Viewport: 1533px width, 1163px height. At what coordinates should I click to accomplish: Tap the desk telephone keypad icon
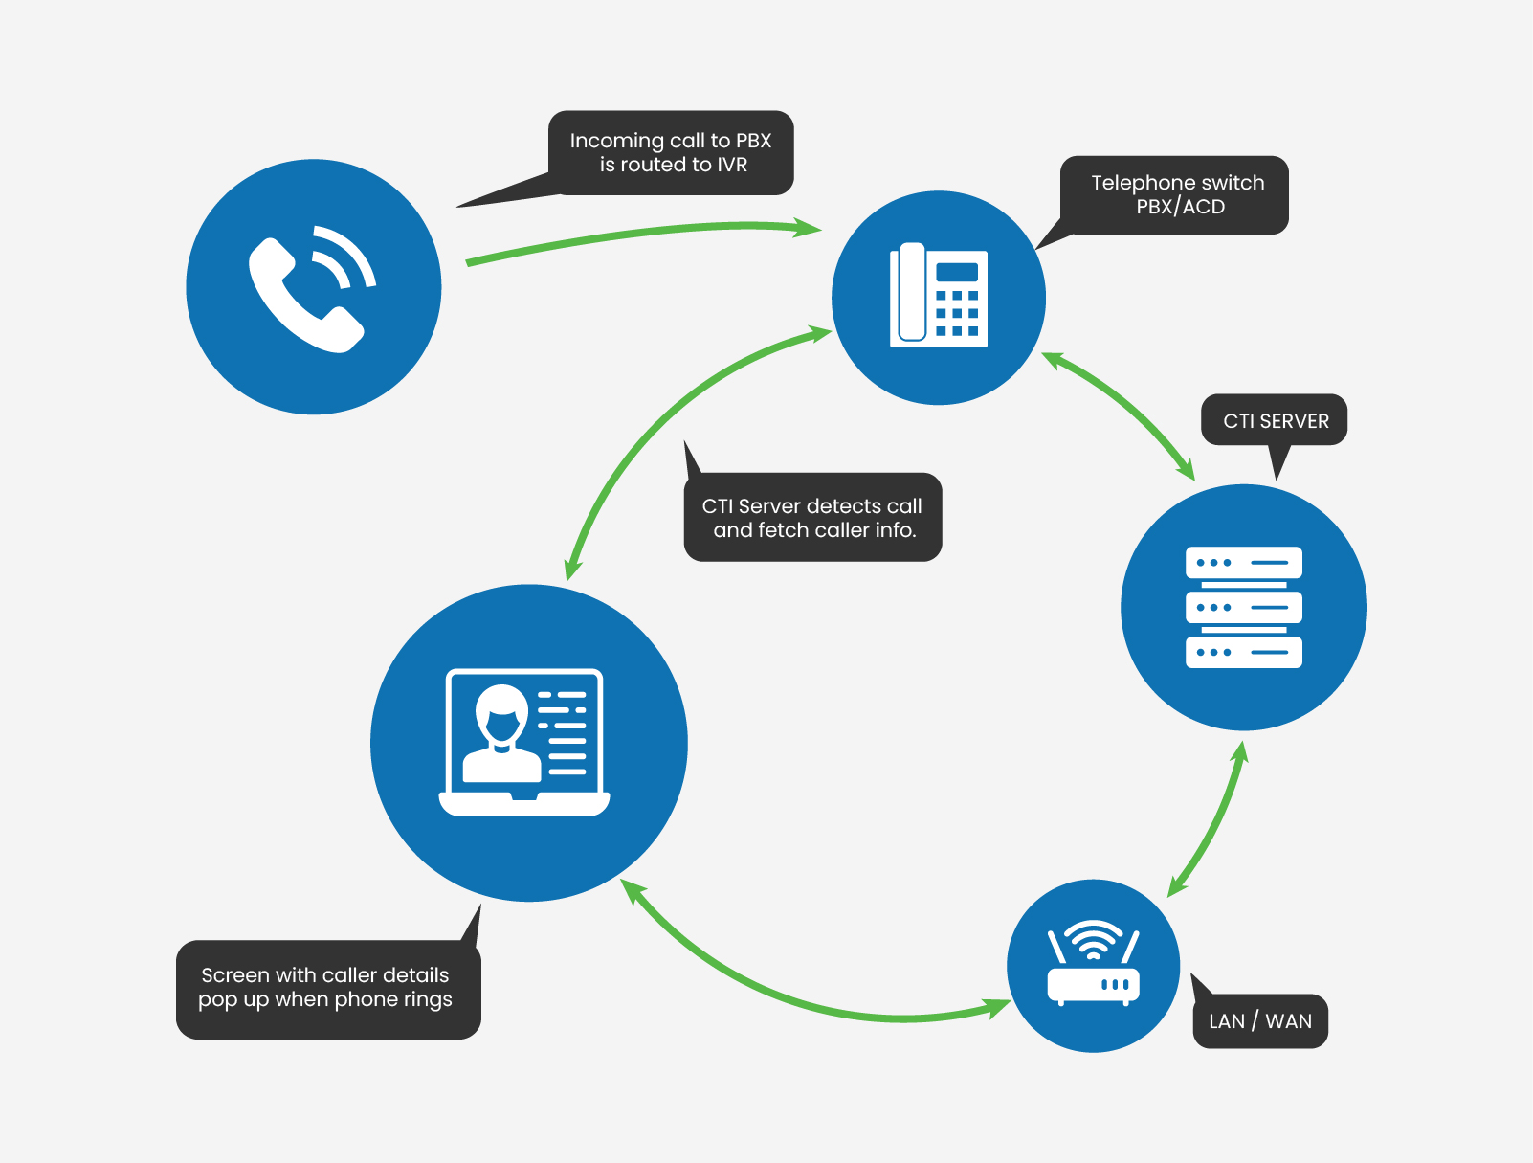pos(939,297)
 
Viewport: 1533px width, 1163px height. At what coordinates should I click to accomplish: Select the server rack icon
pos(1243,607)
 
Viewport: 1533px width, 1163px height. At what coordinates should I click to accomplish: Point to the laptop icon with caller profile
pos(524,742)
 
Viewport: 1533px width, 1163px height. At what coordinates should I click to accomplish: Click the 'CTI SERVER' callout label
pos(1276,421)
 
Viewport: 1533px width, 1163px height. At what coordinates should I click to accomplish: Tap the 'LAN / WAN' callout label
pos(1259,1021)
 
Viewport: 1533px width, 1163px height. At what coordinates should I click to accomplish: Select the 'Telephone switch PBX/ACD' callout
pos(1177,194)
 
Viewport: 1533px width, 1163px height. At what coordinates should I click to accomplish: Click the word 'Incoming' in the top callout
pos(616,141)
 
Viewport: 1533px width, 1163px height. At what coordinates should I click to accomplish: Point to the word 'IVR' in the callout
pos(732,165)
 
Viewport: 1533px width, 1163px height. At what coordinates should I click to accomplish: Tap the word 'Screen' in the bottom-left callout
pos(235,975)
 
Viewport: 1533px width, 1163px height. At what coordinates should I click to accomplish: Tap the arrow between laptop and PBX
pos(670,412)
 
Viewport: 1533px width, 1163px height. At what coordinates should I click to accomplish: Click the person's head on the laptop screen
pos(501,714)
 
